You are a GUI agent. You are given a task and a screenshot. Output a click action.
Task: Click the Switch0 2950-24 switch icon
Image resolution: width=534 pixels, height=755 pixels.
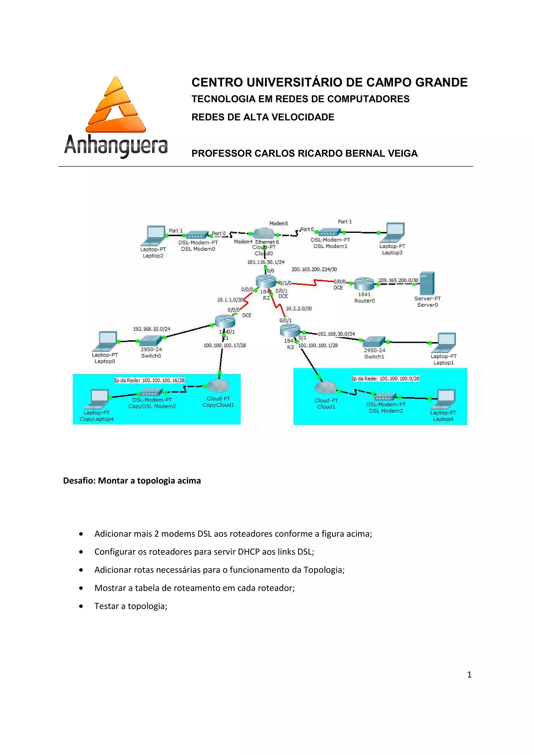tap(151, 341)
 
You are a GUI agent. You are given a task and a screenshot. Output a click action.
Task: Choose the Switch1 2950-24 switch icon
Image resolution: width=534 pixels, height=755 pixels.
tap(374, 342)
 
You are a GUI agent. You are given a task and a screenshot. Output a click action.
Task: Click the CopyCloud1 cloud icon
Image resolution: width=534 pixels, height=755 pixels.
tap(218, 386)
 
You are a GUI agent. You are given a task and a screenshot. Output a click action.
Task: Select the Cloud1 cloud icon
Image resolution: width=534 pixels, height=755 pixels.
tap(325, 388)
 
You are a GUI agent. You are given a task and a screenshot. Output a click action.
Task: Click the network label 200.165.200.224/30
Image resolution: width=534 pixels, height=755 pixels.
tap(314, 269)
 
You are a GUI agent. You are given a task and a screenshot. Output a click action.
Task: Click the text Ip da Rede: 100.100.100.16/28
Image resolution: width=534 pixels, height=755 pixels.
tap(149, 380)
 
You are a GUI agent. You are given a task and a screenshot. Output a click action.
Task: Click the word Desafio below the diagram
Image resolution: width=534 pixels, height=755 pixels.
tap(79, 481)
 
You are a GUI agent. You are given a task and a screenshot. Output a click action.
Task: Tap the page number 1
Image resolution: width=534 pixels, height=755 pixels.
tap(469, 674)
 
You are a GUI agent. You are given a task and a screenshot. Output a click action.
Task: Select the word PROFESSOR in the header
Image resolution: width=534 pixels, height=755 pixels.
tap(221, 153)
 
